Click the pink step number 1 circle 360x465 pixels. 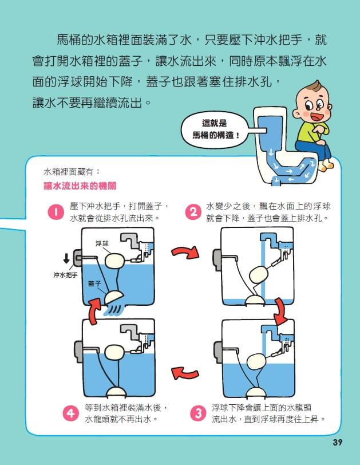tap(56, 212)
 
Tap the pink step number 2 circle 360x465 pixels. tap(193, 212)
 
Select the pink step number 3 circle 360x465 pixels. tap(199, 413)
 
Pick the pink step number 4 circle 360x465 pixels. tap(71, 413)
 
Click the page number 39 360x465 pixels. tap(338, 443)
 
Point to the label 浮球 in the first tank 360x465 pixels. tap(102, 243)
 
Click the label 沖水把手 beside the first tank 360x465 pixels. tap(65, 275)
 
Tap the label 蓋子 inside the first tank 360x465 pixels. tap(94, 284)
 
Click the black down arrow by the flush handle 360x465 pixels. tap(66, 258)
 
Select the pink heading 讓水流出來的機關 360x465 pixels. tap(80, 186)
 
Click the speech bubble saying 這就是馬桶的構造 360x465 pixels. tap(215, 129)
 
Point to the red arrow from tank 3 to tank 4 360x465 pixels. tap(185, 373)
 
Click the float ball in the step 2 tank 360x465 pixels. tap(259, 274)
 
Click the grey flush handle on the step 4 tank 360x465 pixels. tap(78, 352)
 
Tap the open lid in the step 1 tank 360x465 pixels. tap(114, 297)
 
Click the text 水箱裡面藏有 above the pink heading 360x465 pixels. tap(72, 172)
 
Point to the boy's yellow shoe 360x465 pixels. tap(325, 165)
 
